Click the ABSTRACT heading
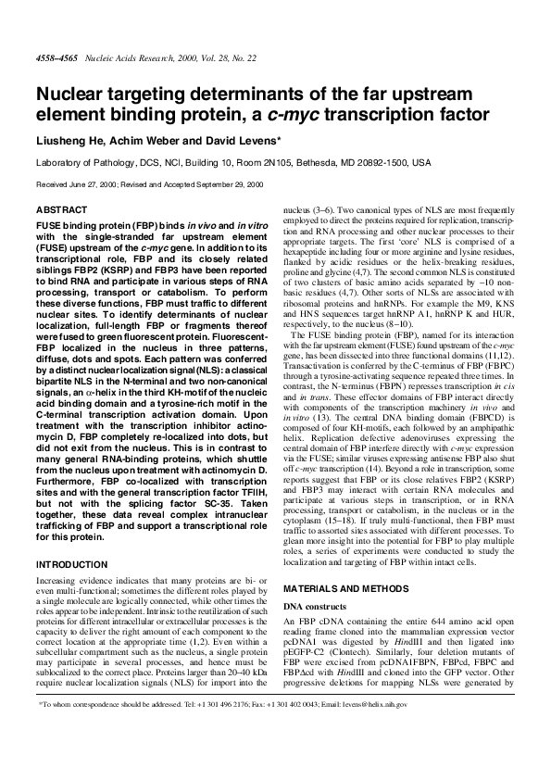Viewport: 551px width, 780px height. point(58,210)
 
